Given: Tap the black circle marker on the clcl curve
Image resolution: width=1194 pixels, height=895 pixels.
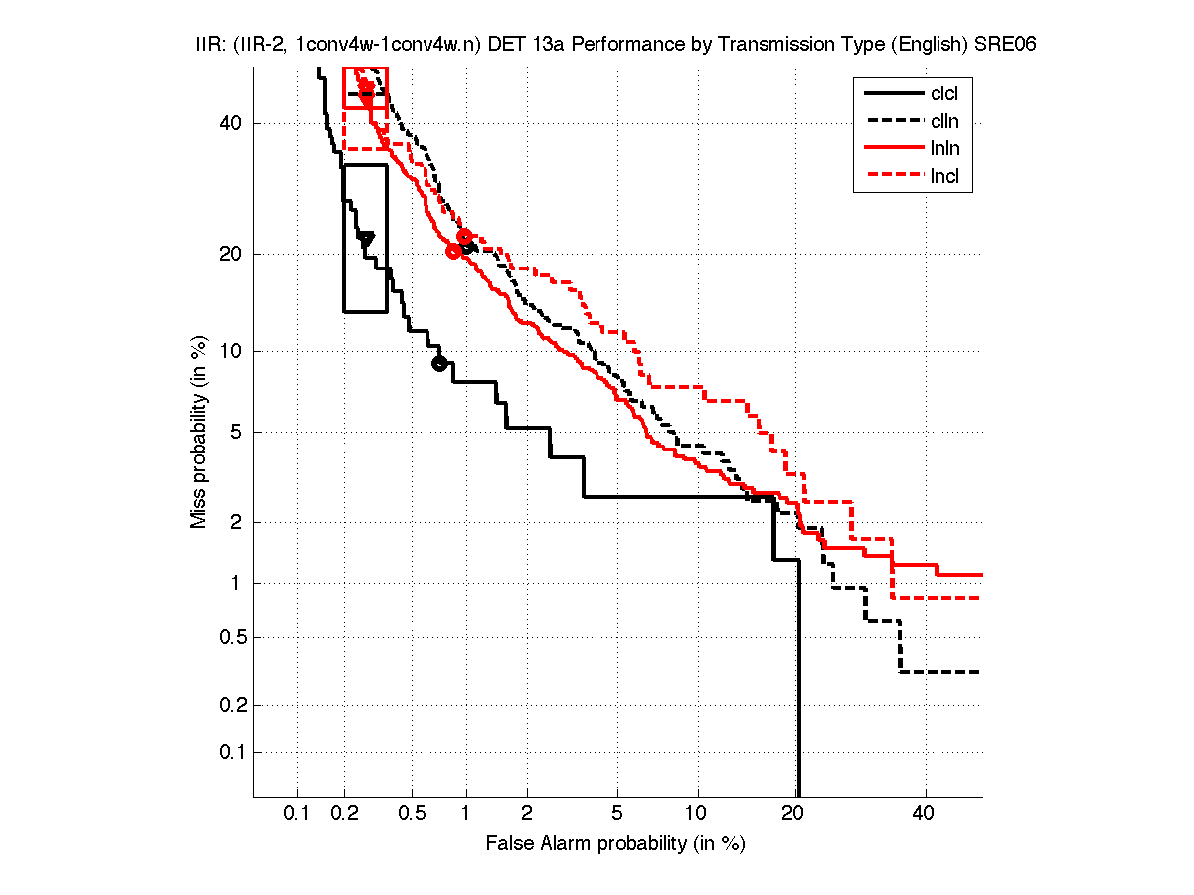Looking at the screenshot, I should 439,363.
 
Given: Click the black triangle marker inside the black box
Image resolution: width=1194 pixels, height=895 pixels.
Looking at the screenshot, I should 366,239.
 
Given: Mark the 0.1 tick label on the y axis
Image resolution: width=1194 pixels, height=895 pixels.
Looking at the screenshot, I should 229,752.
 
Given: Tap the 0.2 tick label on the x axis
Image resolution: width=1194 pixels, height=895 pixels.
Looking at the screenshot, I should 344,814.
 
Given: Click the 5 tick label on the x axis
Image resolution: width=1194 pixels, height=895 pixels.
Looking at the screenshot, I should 617,814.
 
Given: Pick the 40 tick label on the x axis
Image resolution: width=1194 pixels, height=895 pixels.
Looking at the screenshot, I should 925,814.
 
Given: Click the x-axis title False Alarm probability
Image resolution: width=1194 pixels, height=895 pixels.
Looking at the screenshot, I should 615,844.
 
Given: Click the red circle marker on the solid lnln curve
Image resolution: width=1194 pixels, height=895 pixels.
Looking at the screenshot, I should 453,251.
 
